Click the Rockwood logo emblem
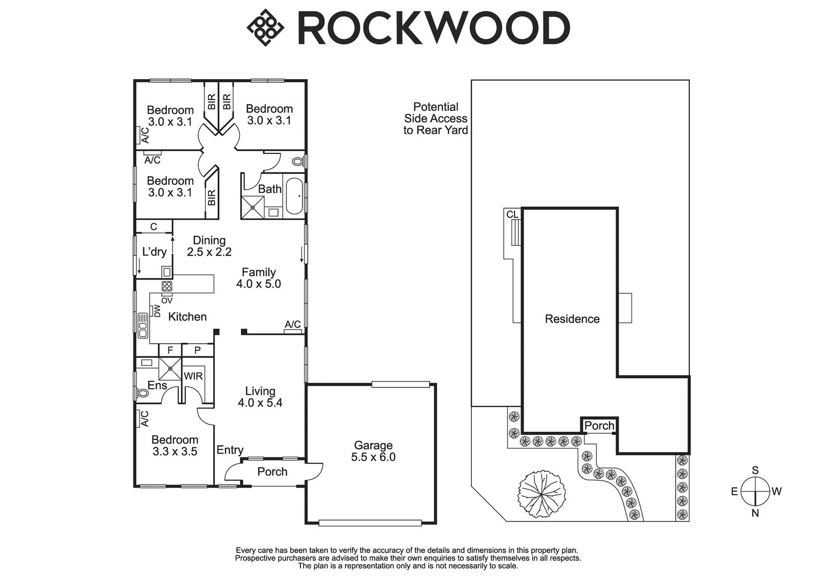[265, 28]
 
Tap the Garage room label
[374, 445]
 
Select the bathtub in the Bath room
[294, 196]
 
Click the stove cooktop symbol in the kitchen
[167, 286]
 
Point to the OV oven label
[167, 300]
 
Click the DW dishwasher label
[157, 311]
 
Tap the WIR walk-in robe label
[193, 376]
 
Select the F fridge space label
[170, 350]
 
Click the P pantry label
[197, 350]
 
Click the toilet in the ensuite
[142, 393]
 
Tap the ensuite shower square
[170, 369]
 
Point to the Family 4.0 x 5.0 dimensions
[259, 284]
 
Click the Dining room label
[209, 240]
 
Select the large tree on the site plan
[542, 494]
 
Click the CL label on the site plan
[512, 214]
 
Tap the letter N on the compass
[756, 513]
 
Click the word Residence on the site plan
[572, 319]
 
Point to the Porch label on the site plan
[599, 426]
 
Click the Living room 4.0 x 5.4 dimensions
[260, 403]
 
